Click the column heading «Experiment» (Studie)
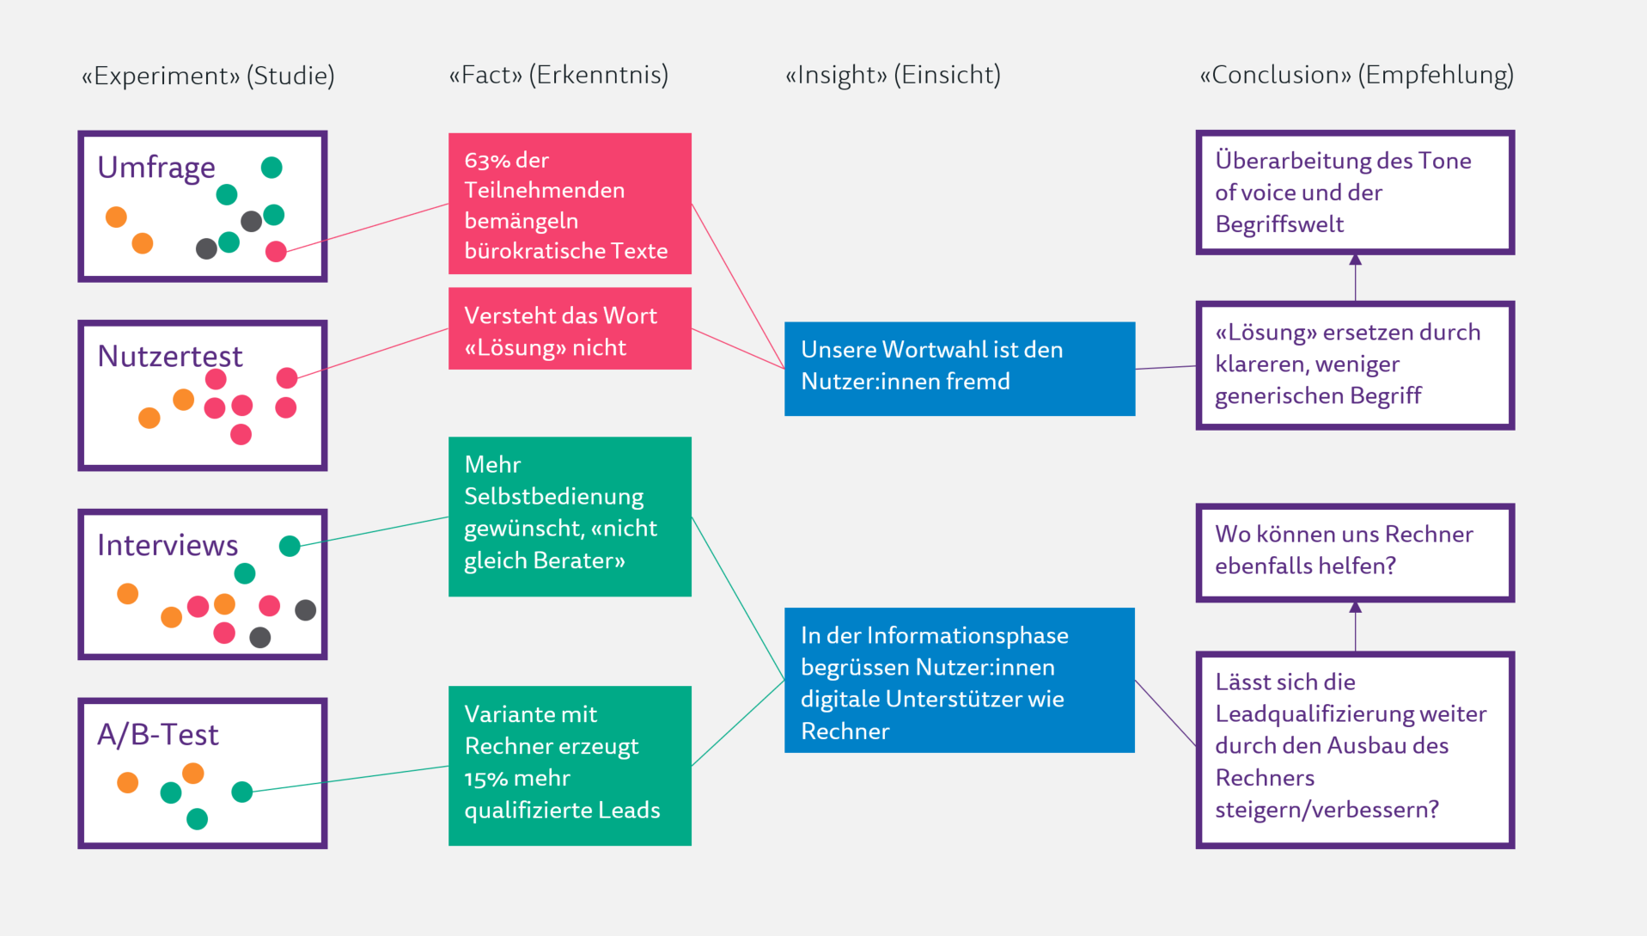click(x=208, y=76)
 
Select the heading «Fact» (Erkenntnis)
click(x=558, y=75)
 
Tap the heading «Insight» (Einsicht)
click(x=893, y=75)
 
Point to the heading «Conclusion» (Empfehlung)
click(x=1356, y=75)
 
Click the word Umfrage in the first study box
click(x=156, y=167)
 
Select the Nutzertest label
click(x=169, y=356)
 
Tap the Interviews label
click(x=167, y=545)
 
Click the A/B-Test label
click(x=157, y=734)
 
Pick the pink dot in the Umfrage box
click(x=276, y=251)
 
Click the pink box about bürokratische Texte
click(x=570, y=204)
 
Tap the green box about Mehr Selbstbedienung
click(x=570, y=516)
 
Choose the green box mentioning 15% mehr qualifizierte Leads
click(x=570, y=765)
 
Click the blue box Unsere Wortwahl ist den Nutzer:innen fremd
click(x=959, y=369)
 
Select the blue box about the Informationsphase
click(x=959, y=680)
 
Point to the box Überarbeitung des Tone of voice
click(x=1354, y=193)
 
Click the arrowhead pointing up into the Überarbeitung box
click(x=1355, y=260)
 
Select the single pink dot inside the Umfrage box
click(x=276, y=251)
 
